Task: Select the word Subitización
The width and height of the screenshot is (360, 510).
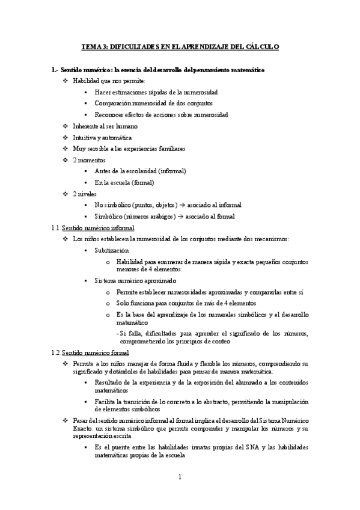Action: (111, 250)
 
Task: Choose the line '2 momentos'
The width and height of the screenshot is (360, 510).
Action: (89, 160)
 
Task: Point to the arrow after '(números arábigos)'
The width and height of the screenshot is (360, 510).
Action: (183, 217)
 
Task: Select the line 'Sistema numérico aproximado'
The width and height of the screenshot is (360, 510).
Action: (135, 280)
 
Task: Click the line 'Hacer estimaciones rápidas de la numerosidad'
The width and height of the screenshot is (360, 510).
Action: (156, 93)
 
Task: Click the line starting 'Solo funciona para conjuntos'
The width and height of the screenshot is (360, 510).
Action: (186, 303)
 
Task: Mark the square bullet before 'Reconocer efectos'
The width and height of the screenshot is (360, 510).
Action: (87, 115)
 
